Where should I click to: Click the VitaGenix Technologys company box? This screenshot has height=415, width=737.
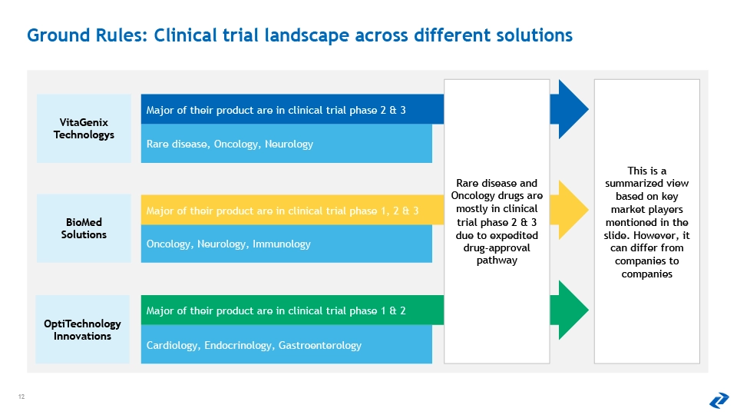pos(84,128)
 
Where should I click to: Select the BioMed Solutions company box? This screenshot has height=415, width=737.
pos(84,228)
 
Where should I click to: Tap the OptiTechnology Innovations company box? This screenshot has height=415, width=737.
pos(82,330)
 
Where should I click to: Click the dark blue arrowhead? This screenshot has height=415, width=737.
pos(569,109)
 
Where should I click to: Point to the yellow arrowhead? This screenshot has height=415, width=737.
pos(569,210)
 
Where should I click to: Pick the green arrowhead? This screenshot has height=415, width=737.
pos(569,310)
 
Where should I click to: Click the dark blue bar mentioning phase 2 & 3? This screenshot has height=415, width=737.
pos(292,109)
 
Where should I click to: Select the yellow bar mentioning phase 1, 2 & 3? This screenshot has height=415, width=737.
pos(292,210)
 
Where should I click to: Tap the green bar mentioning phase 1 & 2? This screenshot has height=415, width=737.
pos(292,310)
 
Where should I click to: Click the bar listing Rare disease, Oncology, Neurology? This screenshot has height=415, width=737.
pos(286,144)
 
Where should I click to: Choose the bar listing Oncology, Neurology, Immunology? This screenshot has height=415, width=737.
pos(286,244)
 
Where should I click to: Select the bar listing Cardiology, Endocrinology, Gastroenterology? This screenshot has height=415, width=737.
pos(286,344)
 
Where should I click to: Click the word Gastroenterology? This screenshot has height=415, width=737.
pos(320,345)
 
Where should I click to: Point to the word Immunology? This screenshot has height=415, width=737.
pos(282,244)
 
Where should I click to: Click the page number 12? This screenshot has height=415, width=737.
pos(21,397)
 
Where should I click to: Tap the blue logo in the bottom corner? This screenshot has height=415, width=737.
pos(719,400)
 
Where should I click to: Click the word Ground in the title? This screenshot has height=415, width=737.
pos(58,35)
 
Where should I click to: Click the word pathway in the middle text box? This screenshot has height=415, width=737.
pos(497,261)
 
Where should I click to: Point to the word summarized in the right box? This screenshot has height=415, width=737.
pos(646,184)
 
